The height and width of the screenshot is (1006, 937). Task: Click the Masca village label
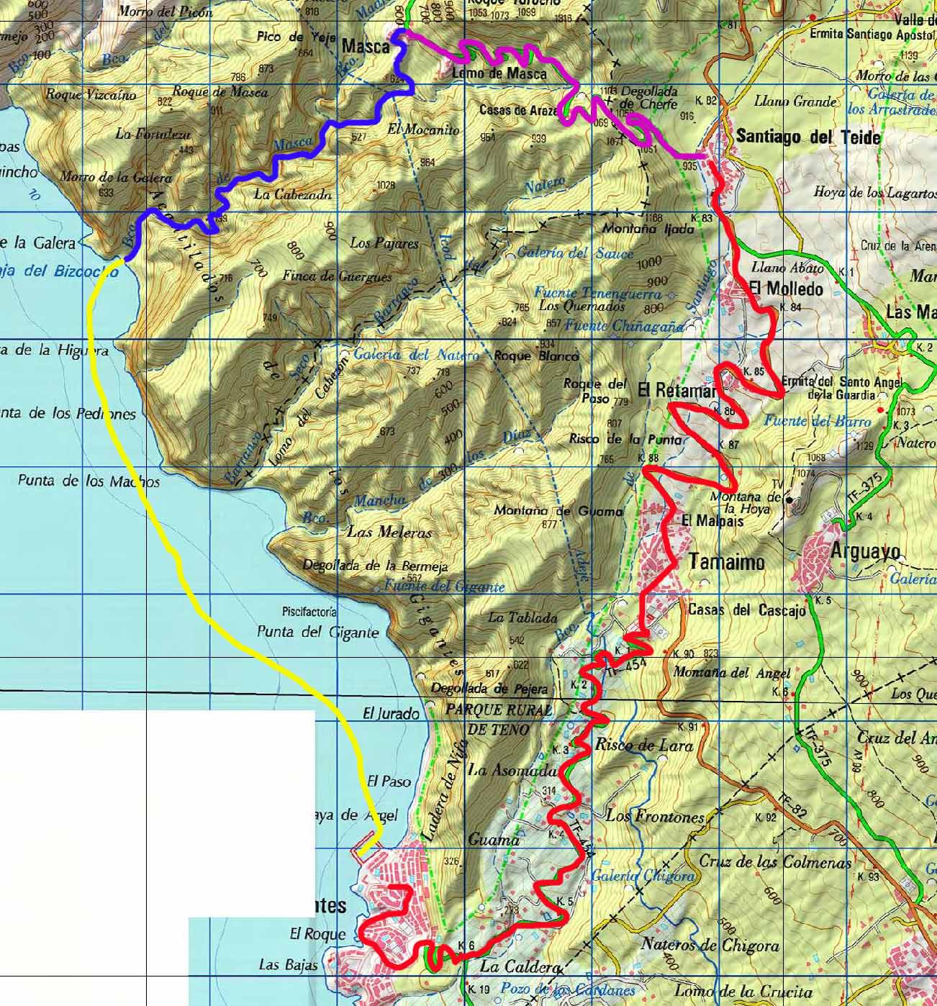click(365, 47)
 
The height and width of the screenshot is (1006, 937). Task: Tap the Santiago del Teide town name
click(808, 137)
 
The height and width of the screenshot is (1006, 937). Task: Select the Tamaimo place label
click(727, 561)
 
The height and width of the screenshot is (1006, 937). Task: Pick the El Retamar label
click(676, 391)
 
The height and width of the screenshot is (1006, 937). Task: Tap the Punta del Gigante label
click(317, 633)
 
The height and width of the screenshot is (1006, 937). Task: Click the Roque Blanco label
click(536, 356)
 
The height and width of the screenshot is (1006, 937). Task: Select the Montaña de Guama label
click(558, 511)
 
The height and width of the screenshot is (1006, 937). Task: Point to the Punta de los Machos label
click(89, 481)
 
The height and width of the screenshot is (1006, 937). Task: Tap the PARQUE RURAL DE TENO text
click(499, 720)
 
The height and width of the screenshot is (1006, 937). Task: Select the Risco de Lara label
click(644, 746)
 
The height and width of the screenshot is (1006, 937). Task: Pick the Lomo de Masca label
click(499, 73)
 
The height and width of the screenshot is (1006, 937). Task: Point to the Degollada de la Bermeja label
click(375, 565)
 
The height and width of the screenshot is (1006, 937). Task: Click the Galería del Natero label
click(415, 355)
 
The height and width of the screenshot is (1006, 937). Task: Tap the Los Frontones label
click(654, 816)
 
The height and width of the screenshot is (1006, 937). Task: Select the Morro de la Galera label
click(115, 177)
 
